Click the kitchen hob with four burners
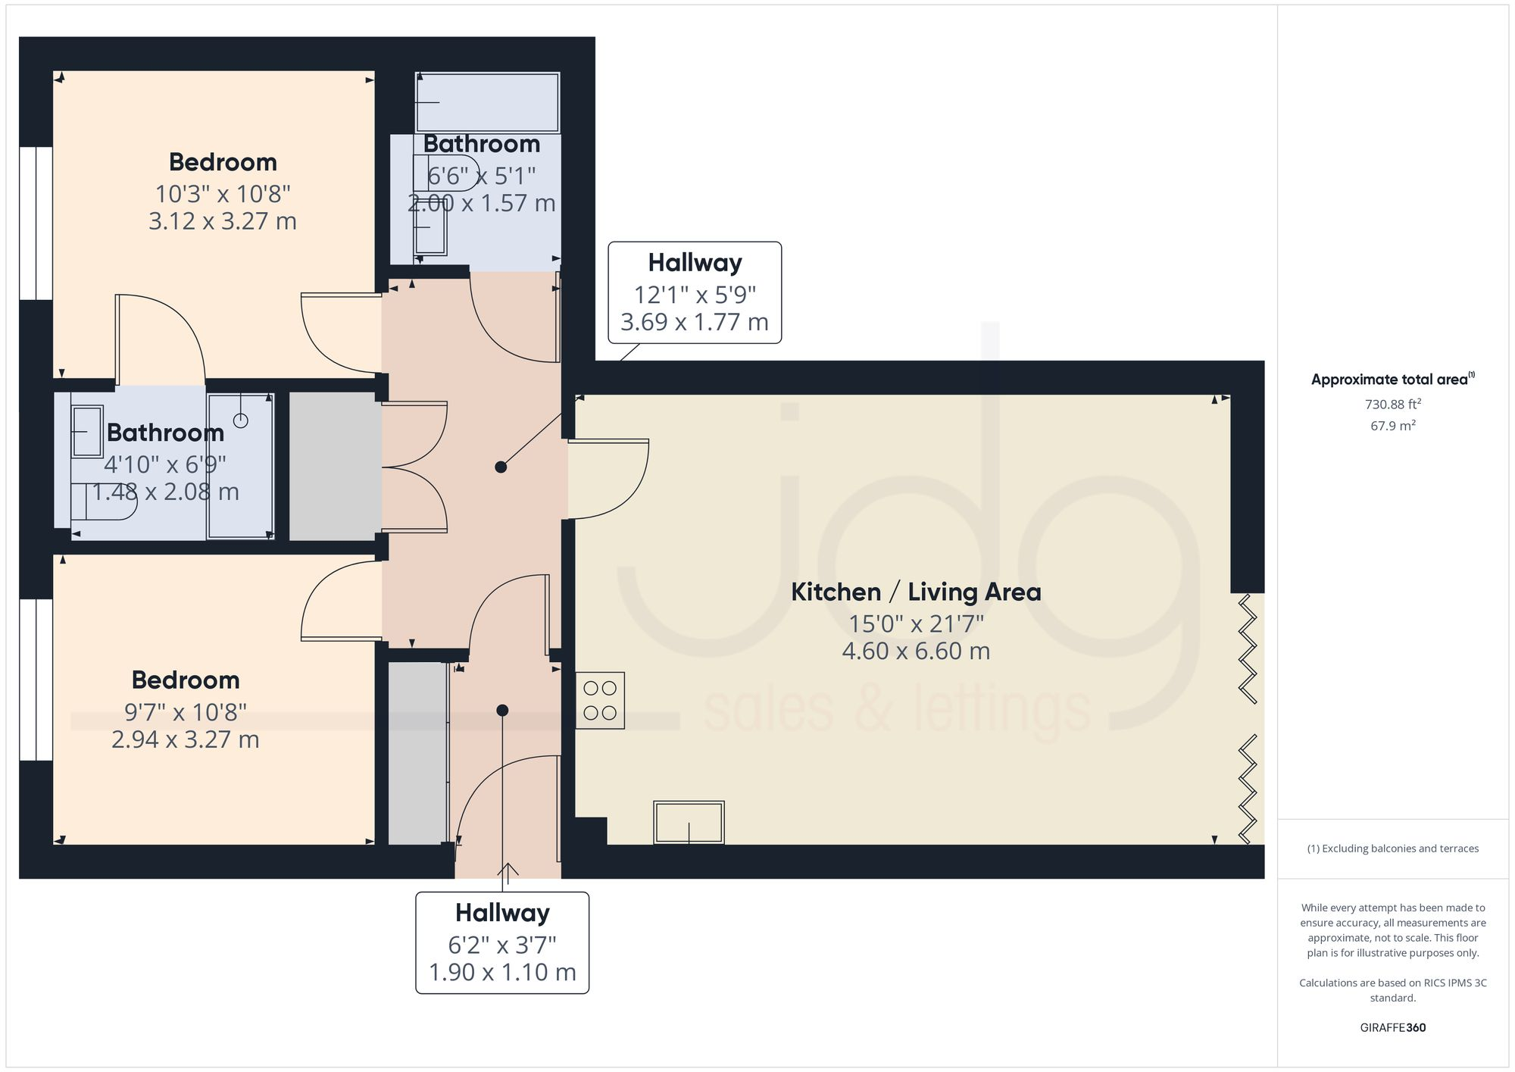point(600,701)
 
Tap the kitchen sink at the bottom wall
point(689,823)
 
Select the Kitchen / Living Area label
point(916,592)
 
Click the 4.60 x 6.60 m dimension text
point(916,651)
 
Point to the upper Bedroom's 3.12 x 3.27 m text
point(222,221)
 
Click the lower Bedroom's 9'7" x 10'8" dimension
point(186,712)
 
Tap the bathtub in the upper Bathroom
point(487,102)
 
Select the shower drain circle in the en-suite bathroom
point(241,420)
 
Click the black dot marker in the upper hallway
point(501,467)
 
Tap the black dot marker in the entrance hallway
point(502,711)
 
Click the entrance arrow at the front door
point(508,873)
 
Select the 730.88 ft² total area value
point(1392,405)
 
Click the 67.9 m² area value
point(1392,426)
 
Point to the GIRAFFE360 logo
point(1392,1028)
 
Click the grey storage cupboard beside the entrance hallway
point(417,753)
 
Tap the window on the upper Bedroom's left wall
point(36,223)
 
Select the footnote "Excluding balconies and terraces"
point(1392,849)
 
